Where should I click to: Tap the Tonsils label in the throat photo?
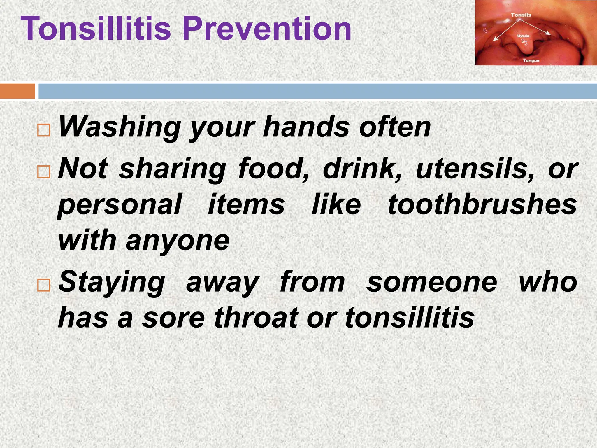click(521, 15)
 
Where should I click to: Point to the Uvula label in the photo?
click(523, 36)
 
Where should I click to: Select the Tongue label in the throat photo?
click(531, 61)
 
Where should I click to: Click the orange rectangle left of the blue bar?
click(17, 91)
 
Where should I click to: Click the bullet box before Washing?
click(44, 130)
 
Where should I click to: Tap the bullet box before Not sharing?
click(44, 172)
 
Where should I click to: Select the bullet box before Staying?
click(44, 285)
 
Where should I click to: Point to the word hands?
click(306, 127)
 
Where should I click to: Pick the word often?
click(395, 127)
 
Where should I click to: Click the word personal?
click(120, 205)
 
